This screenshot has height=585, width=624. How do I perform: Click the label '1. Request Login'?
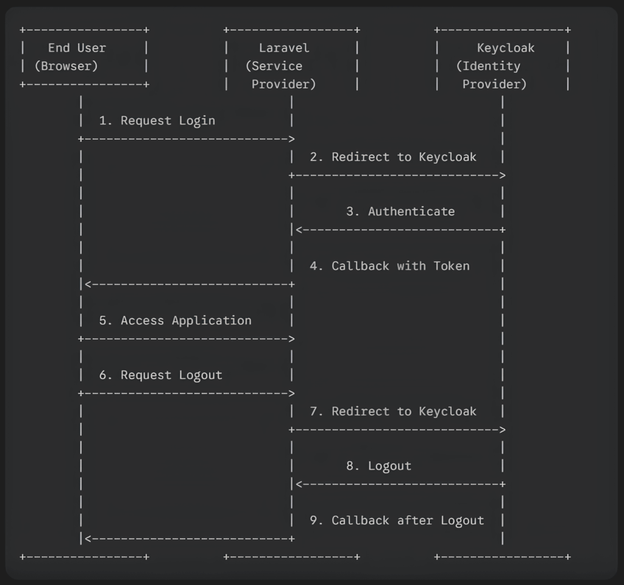[x=157, y=121]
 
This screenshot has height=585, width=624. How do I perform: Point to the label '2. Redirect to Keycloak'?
[x=393, y=157]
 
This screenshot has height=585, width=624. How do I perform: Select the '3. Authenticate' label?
[x=400, y=211]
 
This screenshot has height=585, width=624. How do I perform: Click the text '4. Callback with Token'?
[x=389, y=266]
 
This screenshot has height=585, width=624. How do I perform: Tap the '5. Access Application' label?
[x=175, y=321]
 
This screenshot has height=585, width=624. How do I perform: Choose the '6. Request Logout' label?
[x=160, y=375]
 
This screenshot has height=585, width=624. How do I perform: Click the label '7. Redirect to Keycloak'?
[x=393, y=411]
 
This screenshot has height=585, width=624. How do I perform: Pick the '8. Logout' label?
[x=378, y=466]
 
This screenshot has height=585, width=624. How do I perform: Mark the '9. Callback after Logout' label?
[x=397, y=520]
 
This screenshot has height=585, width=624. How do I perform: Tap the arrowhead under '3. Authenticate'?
[x=299, y=230]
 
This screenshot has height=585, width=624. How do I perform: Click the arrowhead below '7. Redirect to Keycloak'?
[x=502, y=430]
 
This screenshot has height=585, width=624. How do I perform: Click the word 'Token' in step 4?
[x=452, y=266]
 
